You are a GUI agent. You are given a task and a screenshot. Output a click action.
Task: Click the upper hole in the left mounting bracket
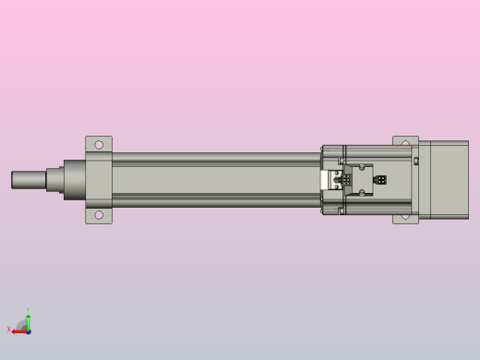[x=99, y=144]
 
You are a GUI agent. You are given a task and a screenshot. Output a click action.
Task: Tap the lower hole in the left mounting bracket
[x=99, y=215]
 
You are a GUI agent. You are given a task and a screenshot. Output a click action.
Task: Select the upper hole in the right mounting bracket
[x=405, y=143]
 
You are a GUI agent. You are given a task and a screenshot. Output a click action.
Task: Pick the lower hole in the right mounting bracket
[x=405, y=216]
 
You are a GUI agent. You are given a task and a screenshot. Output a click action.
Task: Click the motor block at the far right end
[x=445, y=179]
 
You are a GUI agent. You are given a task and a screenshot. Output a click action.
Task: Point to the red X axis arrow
[x=19, y=330]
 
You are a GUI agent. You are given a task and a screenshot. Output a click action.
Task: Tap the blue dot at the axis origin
[x=29, y=330]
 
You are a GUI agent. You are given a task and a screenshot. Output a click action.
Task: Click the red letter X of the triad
[x=9, y=329]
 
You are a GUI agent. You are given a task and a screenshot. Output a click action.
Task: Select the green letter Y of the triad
[x=28, y=310]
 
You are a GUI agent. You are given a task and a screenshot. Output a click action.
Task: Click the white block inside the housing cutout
[x=330, y=181]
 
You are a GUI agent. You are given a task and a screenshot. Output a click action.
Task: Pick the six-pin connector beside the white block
[x=346, y=181]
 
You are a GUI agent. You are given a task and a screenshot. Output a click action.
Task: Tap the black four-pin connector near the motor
[x=379, y=180]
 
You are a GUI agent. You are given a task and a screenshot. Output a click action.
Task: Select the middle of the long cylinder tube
[x=217, y=179]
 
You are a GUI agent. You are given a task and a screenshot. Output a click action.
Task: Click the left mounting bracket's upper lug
[x=99, y=145]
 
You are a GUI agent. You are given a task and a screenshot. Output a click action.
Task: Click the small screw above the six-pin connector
[x=362, y=167]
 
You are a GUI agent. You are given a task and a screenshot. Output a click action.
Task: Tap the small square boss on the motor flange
[x=415, y=162]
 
